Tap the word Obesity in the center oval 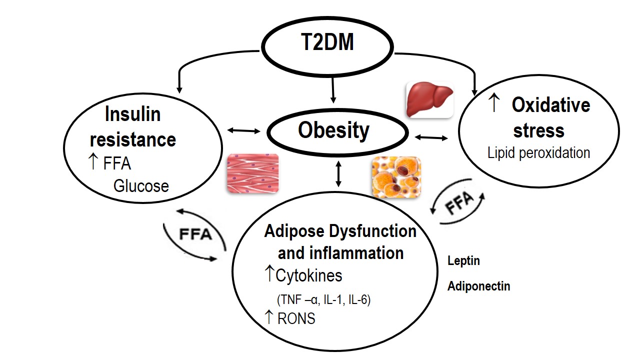[x=333, y=130]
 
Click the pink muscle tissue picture [x=252, y=173]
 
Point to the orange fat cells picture [x=396, y=177]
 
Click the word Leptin [x=463, y=261]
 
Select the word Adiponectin [x=478, y=286]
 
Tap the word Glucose [x=141, y=186]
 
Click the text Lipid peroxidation [x=538, y=152]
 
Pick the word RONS [x=296, y=318]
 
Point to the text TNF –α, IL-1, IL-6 [x=323, y=300]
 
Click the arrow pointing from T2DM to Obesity [x=332, y=93]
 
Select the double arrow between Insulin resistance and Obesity [x=244, y=131]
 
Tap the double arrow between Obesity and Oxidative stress [x=431, y=136]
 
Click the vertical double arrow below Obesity [x=339, y=174]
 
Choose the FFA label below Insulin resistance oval [x=194, y=234]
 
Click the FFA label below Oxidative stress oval [x=459, y=203]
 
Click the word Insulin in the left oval [x=132, y=114]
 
